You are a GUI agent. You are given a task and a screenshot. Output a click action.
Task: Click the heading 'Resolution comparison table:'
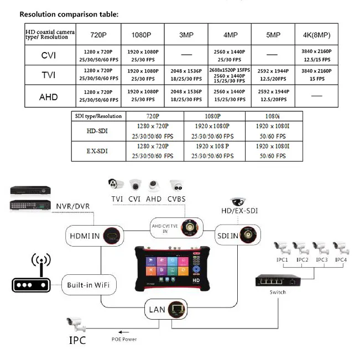click(69, 14)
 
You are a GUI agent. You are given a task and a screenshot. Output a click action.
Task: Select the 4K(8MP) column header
click(316, 34)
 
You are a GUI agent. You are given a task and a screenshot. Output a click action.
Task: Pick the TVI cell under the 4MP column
click(229, 75)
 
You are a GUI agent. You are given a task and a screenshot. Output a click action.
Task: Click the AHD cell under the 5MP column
click(273, 96)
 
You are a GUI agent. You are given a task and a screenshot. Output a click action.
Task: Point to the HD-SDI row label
click(98, 131)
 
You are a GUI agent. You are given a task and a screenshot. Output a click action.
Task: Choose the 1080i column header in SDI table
click(273, 117)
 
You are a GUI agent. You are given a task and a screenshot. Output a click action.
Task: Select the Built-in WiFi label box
click(88, 285)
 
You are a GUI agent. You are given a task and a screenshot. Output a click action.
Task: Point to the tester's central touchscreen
click(163, 265)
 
